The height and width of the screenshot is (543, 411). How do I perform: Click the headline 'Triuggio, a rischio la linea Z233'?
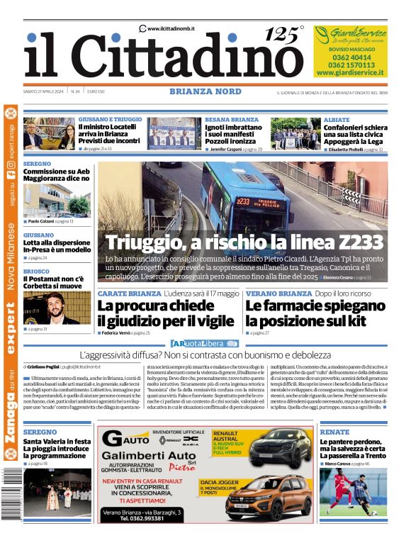(x=244, y=242)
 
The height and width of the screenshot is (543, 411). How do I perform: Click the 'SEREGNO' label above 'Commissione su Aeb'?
(x=37, y=162)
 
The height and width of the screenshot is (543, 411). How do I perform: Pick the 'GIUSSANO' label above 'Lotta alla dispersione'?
(x=38, y=235)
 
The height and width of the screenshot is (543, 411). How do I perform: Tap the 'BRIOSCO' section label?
(x=36, y=271)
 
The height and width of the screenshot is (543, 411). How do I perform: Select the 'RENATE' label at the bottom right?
(x=334, y=432)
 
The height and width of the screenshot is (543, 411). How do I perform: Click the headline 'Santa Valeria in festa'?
(x=57, y=441)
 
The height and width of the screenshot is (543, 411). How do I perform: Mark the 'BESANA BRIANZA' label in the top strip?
(x=232, y=120)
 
